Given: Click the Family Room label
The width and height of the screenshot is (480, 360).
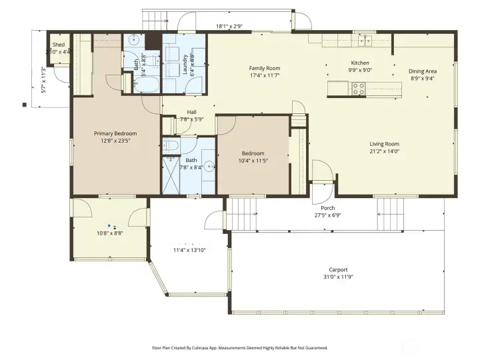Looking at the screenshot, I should [x=265, y=68].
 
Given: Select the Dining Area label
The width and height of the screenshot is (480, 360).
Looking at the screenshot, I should [x=423, y=71].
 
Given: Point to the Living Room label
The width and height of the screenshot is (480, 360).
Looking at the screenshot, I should [x=385, y=144].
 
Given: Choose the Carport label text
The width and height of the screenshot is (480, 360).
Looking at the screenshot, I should [x=338, y=269].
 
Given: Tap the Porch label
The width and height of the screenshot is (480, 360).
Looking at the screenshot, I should [x=328, y=208].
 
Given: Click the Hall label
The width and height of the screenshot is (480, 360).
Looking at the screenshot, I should [x=191, y=112].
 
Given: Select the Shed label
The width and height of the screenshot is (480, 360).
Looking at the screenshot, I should [x=59, y=45].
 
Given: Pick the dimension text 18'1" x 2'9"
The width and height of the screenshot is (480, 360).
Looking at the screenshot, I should [x=229, y=26].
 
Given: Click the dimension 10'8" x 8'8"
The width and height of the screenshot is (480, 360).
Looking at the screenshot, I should [x=110, y=233].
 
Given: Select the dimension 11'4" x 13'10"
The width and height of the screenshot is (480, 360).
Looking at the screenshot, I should [x=189, y=250].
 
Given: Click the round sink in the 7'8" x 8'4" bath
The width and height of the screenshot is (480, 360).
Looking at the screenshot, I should [x=209, y=167].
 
